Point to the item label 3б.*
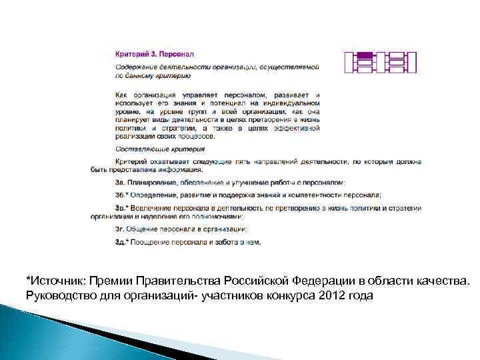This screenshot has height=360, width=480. [x=121, y=195]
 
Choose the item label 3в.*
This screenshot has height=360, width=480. [x=121, y=208]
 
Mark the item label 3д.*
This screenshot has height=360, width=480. [x=121, y=241]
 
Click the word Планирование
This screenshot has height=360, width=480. [x=152, y=182]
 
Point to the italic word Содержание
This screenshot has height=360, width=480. [x=135, y=67]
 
